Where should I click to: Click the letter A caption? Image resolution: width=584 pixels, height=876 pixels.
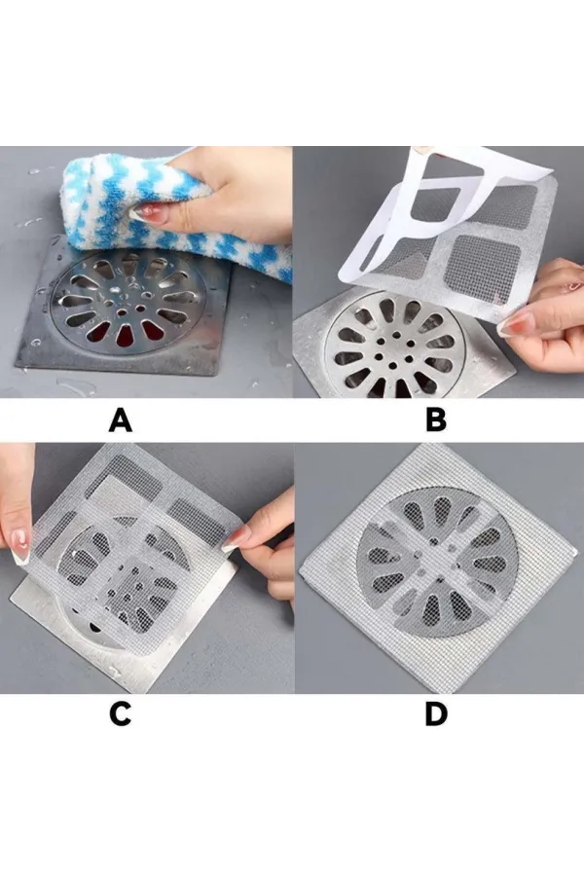(120, 420)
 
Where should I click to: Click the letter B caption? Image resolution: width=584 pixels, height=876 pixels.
(436, 420)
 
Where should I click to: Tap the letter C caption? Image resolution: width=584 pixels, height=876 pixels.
(120, 713)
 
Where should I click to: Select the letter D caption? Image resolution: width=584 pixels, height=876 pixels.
(436, 713)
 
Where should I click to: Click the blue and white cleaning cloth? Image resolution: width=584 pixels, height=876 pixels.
(167, 212)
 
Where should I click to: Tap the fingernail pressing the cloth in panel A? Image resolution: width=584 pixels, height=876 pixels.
(141, 213)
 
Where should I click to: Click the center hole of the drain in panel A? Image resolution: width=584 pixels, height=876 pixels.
(122, 307)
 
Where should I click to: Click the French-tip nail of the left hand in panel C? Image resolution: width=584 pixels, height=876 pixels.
(19, 545)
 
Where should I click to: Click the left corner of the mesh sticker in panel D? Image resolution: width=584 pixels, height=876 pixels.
(301, 573)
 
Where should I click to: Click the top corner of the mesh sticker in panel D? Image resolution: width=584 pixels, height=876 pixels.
(429, 445)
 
